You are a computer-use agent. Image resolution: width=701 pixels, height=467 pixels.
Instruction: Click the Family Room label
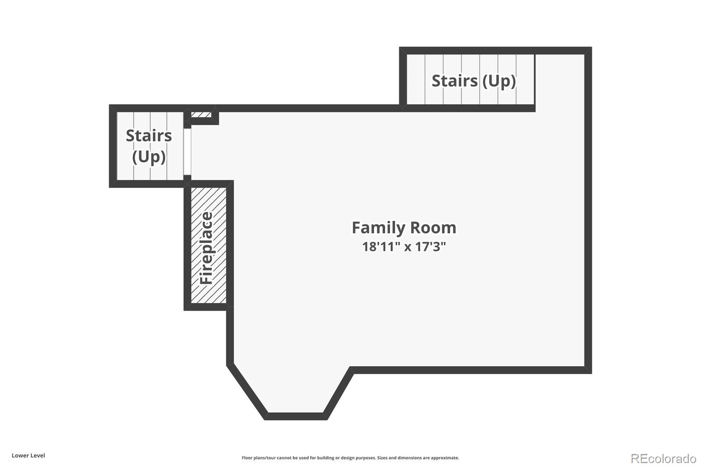[404, 227]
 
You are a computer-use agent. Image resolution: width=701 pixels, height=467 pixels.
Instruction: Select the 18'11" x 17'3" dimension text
[404, 247]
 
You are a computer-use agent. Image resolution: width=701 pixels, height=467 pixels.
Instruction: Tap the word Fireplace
[206, 248]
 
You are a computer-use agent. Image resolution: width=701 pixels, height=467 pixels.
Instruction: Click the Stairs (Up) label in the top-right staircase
[474, 81]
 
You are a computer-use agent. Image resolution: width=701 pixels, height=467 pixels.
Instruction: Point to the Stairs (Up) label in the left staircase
[149, 146]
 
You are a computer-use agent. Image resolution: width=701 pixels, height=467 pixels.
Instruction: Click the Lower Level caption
[28, 456]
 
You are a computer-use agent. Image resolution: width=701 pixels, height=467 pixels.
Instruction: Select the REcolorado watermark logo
[663, 459]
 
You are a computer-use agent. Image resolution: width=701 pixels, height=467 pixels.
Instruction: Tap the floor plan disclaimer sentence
[350, 458]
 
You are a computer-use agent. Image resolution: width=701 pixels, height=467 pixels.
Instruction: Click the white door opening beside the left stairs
[187, 152]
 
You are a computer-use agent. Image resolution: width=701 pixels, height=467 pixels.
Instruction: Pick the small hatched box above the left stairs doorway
[201, 115]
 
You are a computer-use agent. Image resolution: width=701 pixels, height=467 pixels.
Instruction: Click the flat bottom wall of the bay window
[296, 416]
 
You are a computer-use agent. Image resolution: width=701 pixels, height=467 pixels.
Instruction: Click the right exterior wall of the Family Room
[588, 210]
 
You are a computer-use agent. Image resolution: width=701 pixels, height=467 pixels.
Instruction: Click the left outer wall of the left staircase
[113, 146]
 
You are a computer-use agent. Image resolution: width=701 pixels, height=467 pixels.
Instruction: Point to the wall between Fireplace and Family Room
[230, 244]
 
